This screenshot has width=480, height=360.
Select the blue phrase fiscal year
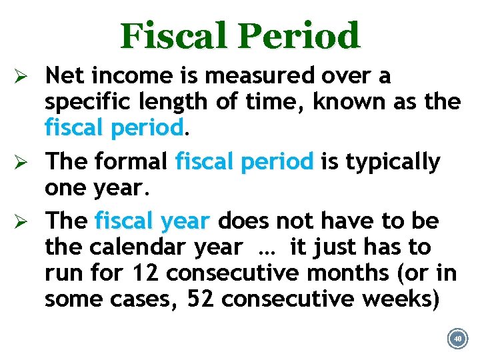pos(153,221)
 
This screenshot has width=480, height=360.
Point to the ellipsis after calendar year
pos(266,249)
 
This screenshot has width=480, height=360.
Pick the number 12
pos(145,273)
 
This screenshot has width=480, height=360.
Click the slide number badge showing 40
pos(457,338)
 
